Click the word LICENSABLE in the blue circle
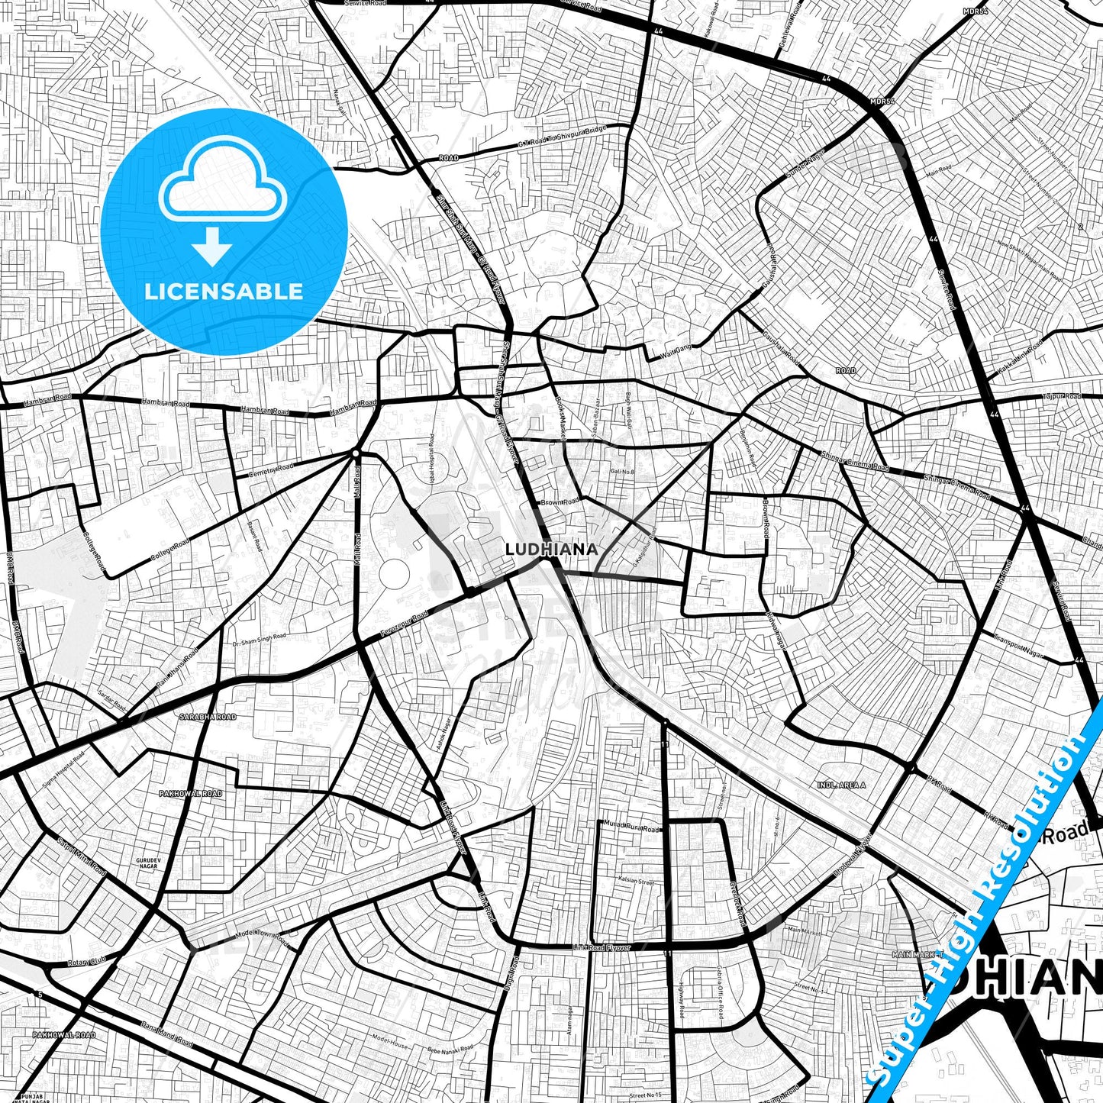click(224, 291)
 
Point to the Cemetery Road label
click(270, 471)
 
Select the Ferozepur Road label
click(405, 626)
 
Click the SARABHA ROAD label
click(208, 718)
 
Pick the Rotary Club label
click(87, 961)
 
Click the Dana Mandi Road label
click(167, 1036)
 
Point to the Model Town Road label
click(262, 935)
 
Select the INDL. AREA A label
click(841, 785)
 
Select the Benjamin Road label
click(748, 449)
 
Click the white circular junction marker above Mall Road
click(356, 453)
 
